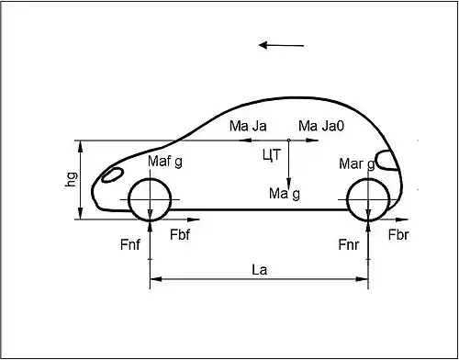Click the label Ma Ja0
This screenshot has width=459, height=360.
pyautogui.click(x=321, y=126)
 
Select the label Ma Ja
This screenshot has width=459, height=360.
pyautogui.click(x=248, y=126)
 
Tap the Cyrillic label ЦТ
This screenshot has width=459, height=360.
pyautogui.click(x=271, y=155)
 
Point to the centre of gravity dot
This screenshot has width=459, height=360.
pyautogui.click(x=288, y=141)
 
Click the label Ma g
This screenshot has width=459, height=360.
pyautogui.click(x=285, y=194)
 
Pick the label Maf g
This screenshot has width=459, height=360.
pyautogui.click(x=165, y=162)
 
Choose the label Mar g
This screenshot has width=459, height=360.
pyautogui.click(x=357, y=164)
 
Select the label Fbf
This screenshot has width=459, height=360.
pyautogui.click(x=180, y=235)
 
